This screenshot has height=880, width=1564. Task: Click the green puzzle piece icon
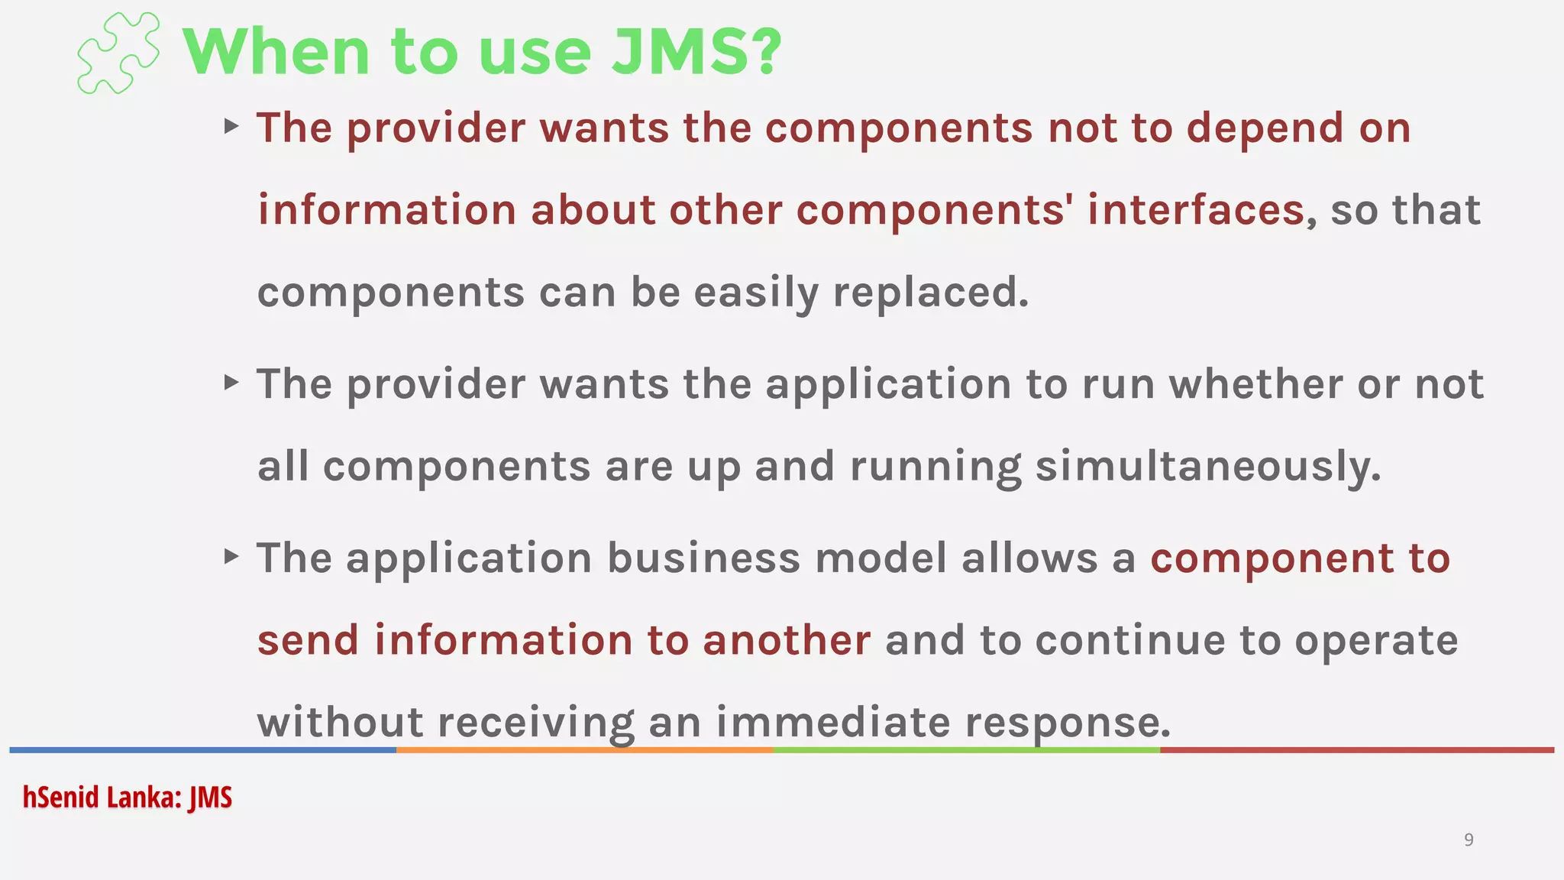click(x=118, y=53)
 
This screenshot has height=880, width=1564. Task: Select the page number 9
click(x=1468, y=840)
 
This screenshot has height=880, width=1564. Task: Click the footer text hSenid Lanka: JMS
click(x=127, y=797)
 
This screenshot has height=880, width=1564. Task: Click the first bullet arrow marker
click(x=231, y=126)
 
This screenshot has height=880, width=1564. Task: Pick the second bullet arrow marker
click(x=231, y=382)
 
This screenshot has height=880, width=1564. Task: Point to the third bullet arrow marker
click(x=231, y=556)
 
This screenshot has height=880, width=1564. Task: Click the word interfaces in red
click(x=1196, y=210)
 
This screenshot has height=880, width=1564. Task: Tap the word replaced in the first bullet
click(x=930, y=293)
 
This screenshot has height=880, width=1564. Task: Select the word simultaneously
click(x=1207, y=467)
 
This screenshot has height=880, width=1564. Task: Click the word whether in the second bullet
click(x=1255, y=383)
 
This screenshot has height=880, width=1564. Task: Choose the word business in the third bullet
click(x=703, y=558)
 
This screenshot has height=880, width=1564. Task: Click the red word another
click(x=787, y=640)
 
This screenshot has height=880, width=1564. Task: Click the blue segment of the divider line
click(x=202, y=750)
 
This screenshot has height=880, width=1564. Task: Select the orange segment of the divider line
click(x=584, y=750)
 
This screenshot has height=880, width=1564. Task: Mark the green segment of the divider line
click(x=966, y=750)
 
